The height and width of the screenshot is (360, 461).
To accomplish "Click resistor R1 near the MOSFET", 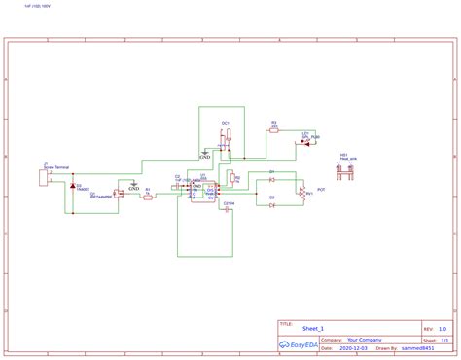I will pos(148,195).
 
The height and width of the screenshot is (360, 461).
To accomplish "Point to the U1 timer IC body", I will pos(205,191).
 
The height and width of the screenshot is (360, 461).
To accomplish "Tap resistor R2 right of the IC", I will pos(233,179).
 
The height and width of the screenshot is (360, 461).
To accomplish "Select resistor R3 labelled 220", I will pos(273,130).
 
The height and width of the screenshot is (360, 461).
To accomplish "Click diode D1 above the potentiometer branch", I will pos(272,180).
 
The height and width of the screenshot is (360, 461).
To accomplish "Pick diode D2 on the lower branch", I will pos(272,205).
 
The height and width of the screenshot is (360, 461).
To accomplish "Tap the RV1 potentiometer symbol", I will pos(301,192).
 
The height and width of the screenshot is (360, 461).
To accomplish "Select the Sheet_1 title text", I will pos(312,330).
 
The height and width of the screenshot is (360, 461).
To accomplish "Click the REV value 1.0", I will pos(443,330).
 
